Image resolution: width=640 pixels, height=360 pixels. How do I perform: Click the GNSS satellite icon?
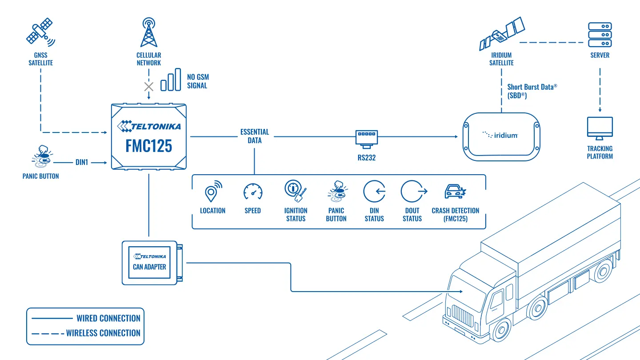[x=40, y=32]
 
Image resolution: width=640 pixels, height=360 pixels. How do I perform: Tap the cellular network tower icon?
[x=148, y=32]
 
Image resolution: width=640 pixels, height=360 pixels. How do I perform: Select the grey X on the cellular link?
[x=148, y=87]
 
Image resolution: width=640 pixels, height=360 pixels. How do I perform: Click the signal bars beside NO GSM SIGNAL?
[x=171, y=80]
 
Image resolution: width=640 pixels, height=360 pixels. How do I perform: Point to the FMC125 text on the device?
[x=148, y=146]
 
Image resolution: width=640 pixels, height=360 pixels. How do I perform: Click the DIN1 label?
[x=82, y=162]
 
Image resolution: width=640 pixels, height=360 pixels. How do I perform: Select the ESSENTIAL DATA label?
[x=255, y=136]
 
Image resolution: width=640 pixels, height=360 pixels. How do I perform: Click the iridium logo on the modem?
[x=500, y=135]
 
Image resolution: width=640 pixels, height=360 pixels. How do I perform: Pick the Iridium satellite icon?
[x=502, y=34]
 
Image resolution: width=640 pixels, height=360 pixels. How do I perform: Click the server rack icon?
[x=600, y=35]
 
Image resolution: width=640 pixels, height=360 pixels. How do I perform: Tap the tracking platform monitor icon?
[x=600, y=128]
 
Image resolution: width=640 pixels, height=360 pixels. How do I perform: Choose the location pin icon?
[x=213, y=191]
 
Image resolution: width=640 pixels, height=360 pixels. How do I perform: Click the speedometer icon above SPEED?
[x=253, y=192]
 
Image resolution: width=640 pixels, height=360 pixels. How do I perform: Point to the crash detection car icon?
[x=456, y=191]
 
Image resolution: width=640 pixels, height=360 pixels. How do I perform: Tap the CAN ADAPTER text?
[x=149, y=267]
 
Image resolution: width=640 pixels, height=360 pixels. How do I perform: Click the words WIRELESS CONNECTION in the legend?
[x=103, y=333]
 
